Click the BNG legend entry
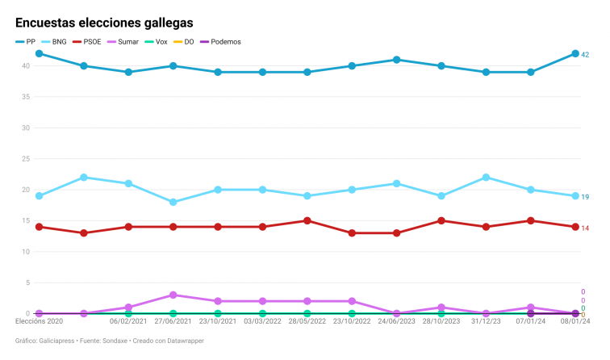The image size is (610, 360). [54, 41]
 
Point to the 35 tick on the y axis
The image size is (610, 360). [25, 97]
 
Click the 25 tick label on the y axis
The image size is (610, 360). [25, 159]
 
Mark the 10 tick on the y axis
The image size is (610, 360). [25, 252]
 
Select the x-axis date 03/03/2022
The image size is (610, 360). [262, 321]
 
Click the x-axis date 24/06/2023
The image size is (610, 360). [396, 321]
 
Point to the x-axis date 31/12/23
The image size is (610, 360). [486, 321]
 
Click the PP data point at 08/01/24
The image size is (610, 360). [575, 53]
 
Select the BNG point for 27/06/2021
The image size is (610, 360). [173, 202]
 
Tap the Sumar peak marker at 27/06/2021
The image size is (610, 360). [173, 295]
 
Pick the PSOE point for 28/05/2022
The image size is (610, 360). [307, 220]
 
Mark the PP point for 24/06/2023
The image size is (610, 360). [396, 60]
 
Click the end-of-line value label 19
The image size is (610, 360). [585, 197]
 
